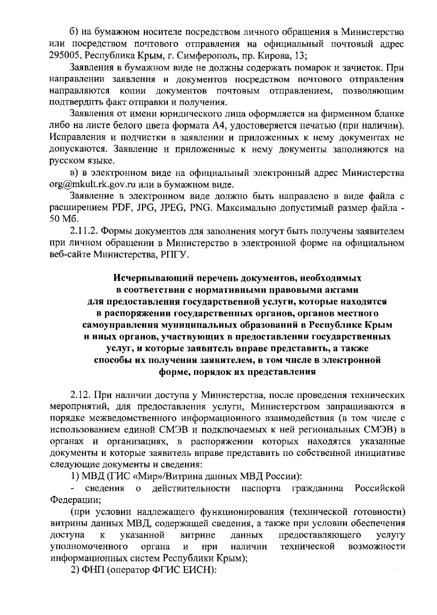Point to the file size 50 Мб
point(60,220)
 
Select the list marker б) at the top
point(75,33)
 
